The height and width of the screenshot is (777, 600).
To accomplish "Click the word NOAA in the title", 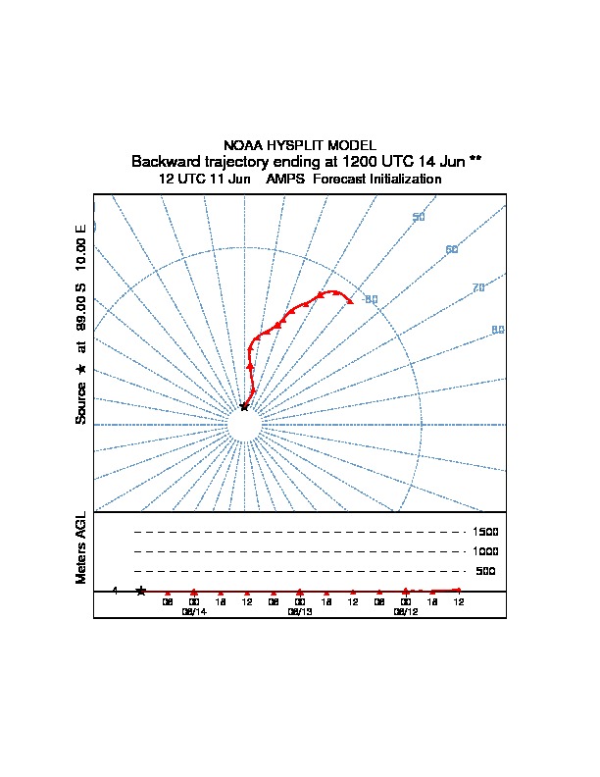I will coord(244,144).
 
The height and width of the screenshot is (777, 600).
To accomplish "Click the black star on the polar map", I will coord(244,405).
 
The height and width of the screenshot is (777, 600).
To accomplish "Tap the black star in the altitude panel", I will coord(141,591).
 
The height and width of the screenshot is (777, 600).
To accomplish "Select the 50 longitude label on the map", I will coord(419,217).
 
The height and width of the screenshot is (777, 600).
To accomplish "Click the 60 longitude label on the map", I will coord(452,249).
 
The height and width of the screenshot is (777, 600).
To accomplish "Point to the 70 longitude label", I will coord(478,287).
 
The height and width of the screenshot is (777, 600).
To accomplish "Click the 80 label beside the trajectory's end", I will coord(372,299).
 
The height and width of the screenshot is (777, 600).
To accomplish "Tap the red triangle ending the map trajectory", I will coord(350,300).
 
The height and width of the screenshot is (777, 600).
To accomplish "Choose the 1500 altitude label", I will coord(485,532).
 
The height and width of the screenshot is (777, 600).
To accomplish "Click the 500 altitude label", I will coord(485,571).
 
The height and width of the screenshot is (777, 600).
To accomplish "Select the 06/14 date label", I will coord(194,610).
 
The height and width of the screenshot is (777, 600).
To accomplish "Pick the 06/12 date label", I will coord(405,610).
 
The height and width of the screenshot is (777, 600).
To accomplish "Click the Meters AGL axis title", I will coord(82,547).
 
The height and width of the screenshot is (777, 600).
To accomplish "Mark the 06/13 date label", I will coord(300,610).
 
